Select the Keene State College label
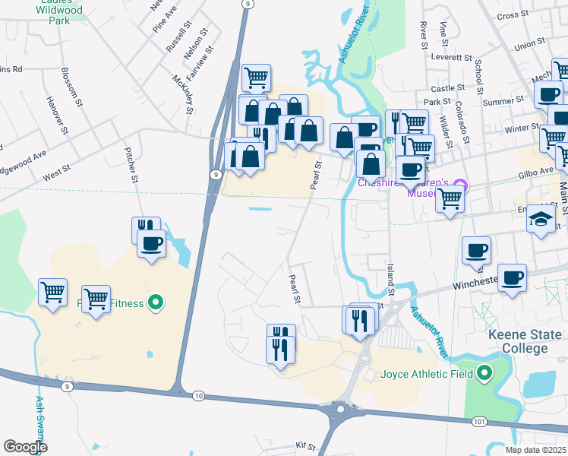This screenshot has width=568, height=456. [525, 341]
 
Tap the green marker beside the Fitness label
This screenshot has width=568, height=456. [156, 303]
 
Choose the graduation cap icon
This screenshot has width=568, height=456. [540, 219]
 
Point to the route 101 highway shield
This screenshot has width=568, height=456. [478, 421]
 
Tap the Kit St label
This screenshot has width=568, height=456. [306, 445]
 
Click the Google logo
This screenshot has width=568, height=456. [25, 448]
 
